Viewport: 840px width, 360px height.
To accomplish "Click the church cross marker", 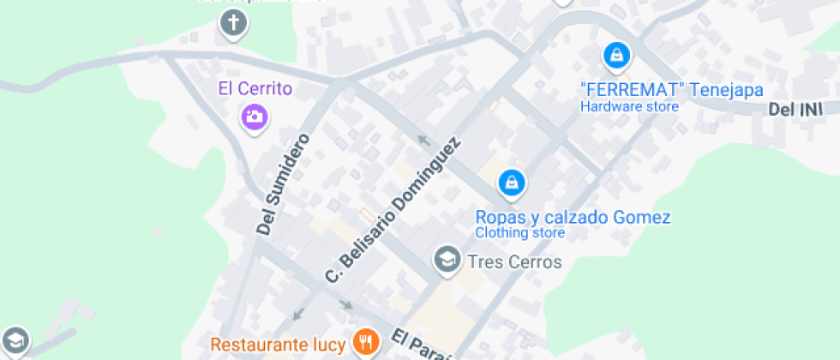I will [233, 23].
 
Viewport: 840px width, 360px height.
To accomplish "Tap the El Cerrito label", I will [255, 88].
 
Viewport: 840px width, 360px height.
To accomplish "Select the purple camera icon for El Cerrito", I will [254, 117].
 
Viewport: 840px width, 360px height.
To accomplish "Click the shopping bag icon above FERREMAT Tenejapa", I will [615, 57].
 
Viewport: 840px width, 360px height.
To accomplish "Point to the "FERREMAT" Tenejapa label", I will [671, 91].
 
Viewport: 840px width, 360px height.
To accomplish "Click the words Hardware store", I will [629, 106].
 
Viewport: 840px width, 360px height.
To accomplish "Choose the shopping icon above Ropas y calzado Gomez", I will [512, 181].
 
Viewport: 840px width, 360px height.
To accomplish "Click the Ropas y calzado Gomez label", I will [573, 217].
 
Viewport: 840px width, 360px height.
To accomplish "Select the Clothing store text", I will [520, 232].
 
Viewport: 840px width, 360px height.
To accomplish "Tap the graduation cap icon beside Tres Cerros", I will [446, 258].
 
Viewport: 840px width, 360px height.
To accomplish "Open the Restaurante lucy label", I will [278, 345].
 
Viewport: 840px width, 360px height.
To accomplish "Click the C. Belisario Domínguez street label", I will [393, 210].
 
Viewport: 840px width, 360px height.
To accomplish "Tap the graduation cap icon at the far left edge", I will [15, 339].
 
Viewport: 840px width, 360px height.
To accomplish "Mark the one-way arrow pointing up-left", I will [423, 139].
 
